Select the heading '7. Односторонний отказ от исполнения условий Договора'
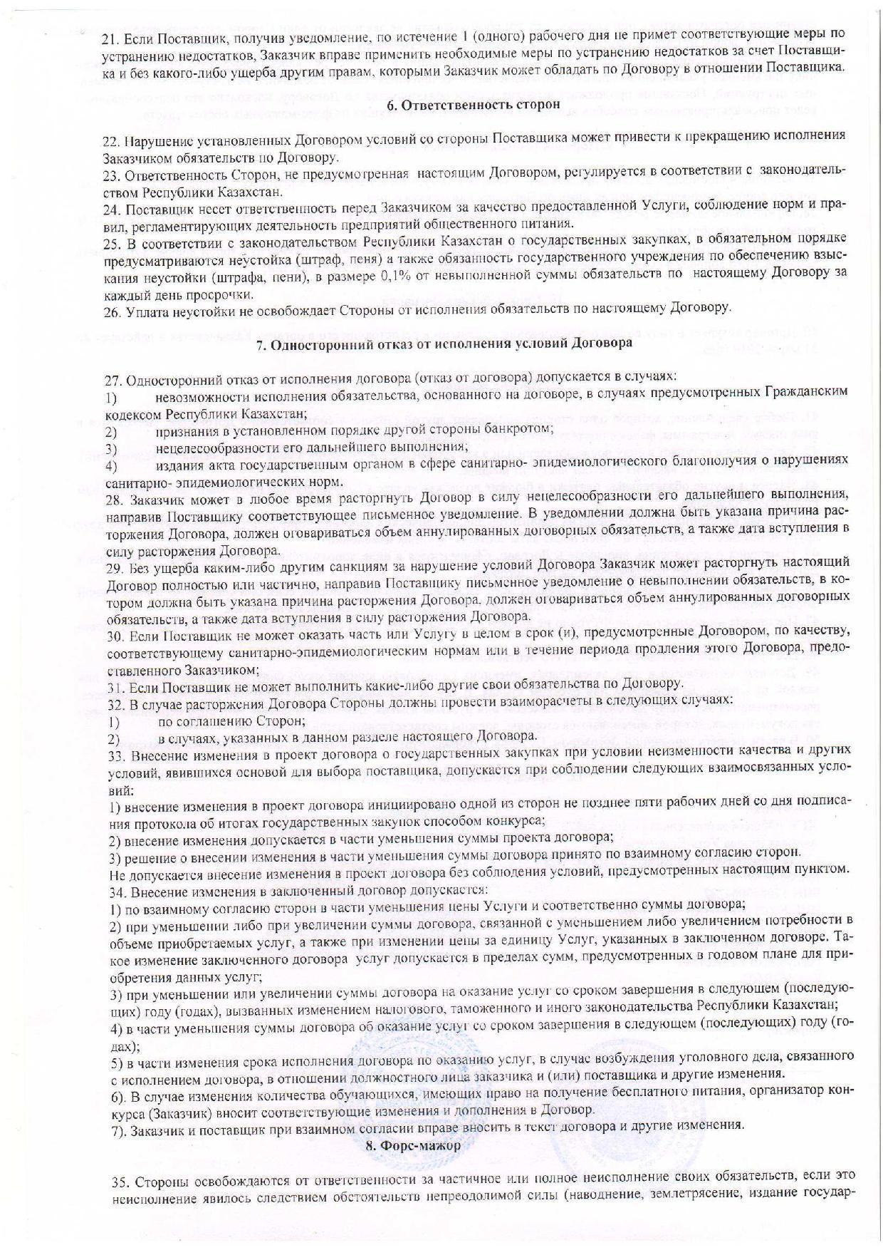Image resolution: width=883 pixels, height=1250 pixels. (444, 344)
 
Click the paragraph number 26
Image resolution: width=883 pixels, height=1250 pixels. (110, 309)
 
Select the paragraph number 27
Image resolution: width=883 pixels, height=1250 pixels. (112, 376)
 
